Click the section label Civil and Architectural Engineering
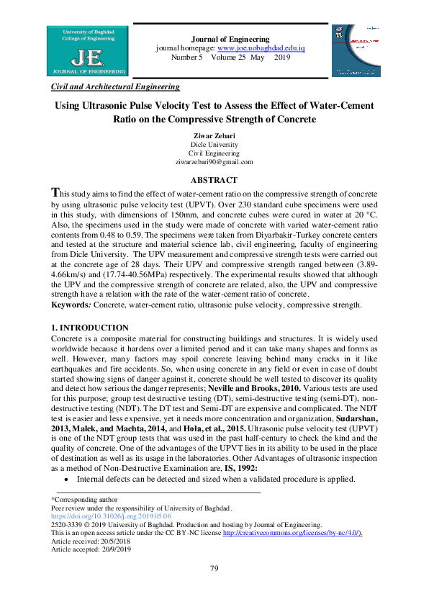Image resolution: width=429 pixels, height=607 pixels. [x=115, y=86]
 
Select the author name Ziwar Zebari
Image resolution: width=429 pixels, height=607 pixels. [x=214, y=135]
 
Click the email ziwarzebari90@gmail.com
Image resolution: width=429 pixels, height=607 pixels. [x=214, y=163]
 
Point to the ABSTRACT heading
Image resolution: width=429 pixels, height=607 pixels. [x=214, y=180]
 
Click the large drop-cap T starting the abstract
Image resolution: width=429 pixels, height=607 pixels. [x=56, y=194]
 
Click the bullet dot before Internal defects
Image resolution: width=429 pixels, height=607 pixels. [x=66, y=479]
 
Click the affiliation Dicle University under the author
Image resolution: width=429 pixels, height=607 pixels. [x=214, y=145]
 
